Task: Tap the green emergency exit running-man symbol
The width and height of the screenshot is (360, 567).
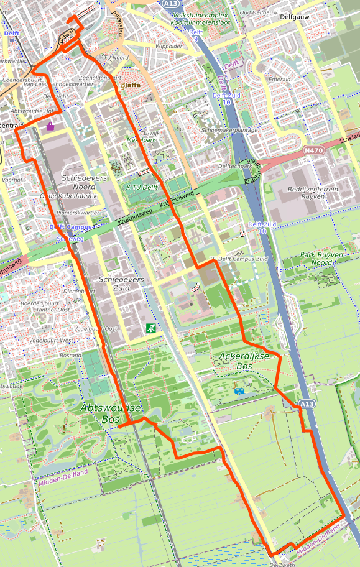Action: pyautogui.click(x=150, y=328)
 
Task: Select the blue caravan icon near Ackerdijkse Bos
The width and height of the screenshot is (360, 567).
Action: pyautogui.click(x=239, y=391)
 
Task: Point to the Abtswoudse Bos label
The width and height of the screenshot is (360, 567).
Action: pyautogui.click(x=110, y=413)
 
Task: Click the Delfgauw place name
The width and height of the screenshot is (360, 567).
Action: pyautogui.click(x=295, y=17)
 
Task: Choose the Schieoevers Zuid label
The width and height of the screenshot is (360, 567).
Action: pyautogui.click(x=121, y=284)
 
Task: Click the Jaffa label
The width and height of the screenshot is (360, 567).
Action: pyautogui.click(x=133, y=85)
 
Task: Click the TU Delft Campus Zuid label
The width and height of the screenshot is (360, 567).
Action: pyautogui.click(x=239, y=259)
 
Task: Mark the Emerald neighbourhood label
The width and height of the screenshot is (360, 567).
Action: pyautogui.click(x=279, y=80)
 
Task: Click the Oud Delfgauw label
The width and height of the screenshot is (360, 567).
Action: pyautogui.click(x=254, y=11)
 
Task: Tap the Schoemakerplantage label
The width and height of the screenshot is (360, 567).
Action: pyautogui.click(x=229, y=130)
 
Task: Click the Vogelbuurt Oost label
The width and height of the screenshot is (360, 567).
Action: pyautogui.click(x=95, y=328)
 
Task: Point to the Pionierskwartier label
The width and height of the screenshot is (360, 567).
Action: pyautogui.click(x=78, y=213)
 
